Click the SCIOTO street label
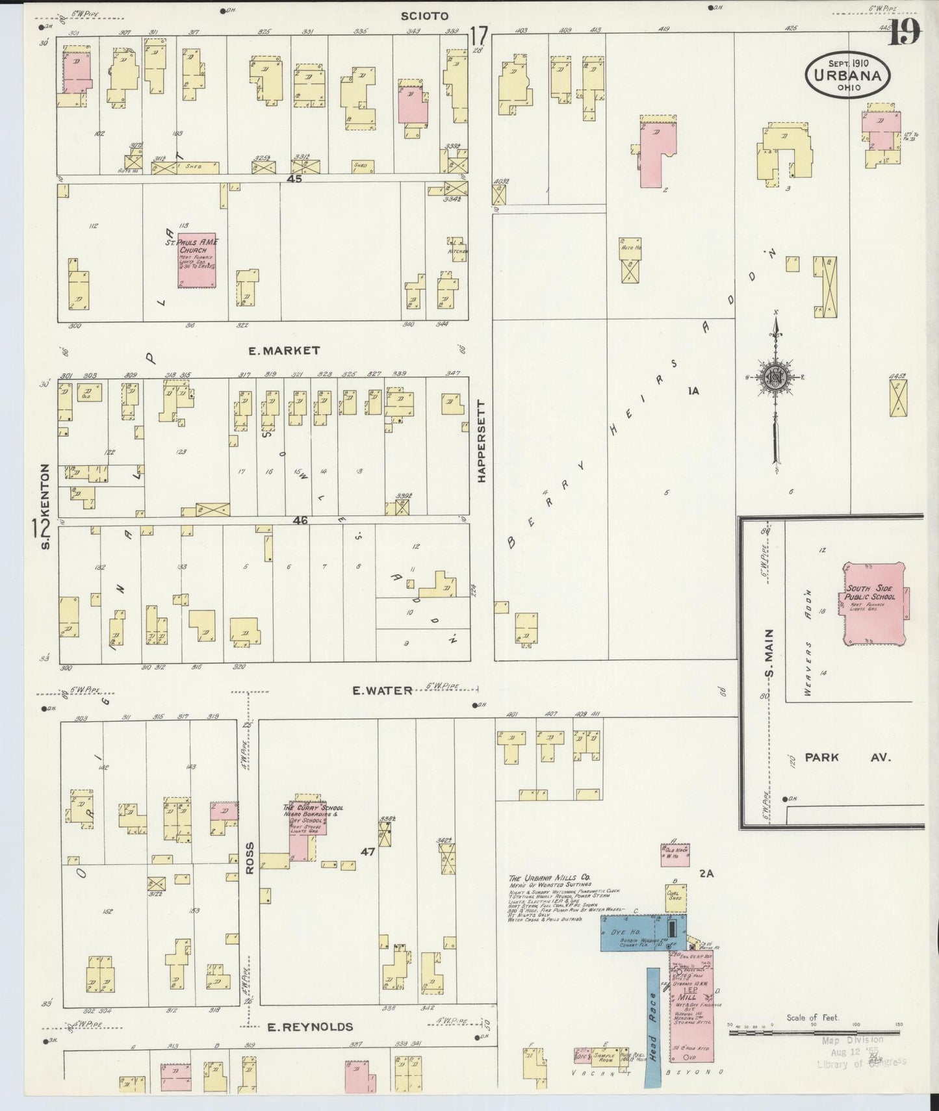tap(425, 16)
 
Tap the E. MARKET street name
tap(284, 350)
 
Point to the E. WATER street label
tap(382, 690)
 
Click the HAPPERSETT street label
tap(482, 441)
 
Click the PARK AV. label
tap(847, 757)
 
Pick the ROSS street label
tap(250, 858)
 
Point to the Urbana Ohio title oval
tap(848, 75)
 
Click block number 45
tap(295, 179)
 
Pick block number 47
tap(368, 869)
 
